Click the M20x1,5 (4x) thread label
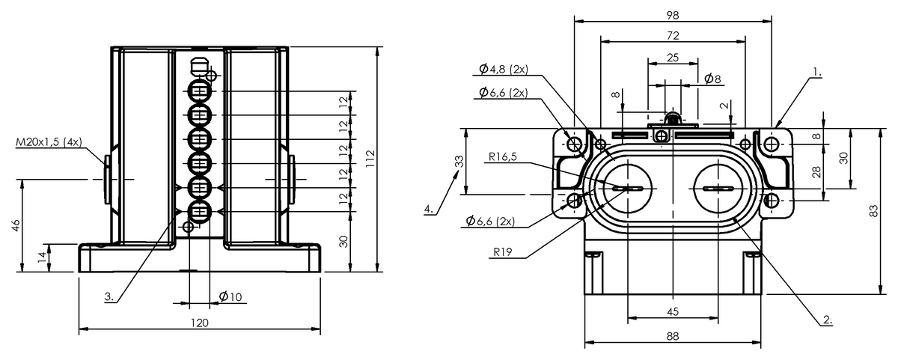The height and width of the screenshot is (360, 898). pyautogui.click(x=49, y=142)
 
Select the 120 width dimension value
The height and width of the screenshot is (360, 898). pyautogui.click(x=200, y=323)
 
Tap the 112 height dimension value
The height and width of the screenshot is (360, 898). pyautogui.click(x=370, y=159)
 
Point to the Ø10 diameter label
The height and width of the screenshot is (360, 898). pyautogui.click(x=230, y=296)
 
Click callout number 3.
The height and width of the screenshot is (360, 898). pyautogui.click(x=109, y=296)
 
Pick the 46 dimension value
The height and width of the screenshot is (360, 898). pyautogui.click(x=16, y=225)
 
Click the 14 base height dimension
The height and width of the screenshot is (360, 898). pyautogui.click(x=43, y=257)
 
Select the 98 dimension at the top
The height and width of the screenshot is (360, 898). pyautogui.click(x=673, y=15)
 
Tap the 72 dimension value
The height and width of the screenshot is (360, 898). pyautogui.click(x=673, y=36)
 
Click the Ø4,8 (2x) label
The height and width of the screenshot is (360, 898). pyautogui.click(x=504, y=70)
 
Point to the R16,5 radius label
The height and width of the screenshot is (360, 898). pyautogui.click(x=503, y=156)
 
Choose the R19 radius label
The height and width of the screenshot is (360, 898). pyautogui.click(x=503, y=251)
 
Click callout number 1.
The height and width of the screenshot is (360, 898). pyautogui.click(x=817, y=73)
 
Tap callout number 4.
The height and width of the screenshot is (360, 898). pyautogui.click(x=429, y=209)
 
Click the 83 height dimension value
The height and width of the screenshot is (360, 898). pyautogui.click(x=873, y=211)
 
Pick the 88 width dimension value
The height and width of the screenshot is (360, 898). pyautogui.click(x=673, y=336)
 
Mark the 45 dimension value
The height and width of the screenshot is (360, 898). pyautogui.click(x=673, y=311)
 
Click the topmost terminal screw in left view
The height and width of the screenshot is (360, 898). pyautogui.click(x=199, y=91)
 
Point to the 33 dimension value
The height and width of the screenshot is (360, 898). pyautogui.click(x=459, y=161)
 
